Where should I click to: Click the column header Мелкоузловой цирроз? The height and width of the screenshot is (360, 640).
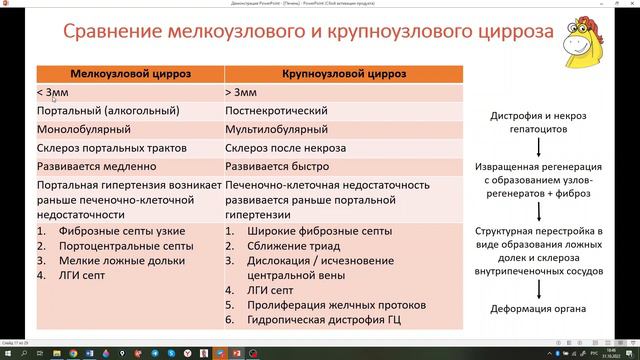[130, 74]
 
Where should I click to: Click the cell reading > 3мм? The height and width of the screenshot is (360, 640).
[244, 92]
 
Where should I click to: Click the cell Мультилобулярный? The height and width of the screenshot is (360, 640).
[279, 129]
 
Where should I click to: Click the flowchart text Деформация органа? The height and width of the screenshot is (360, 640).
[541, 308]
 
